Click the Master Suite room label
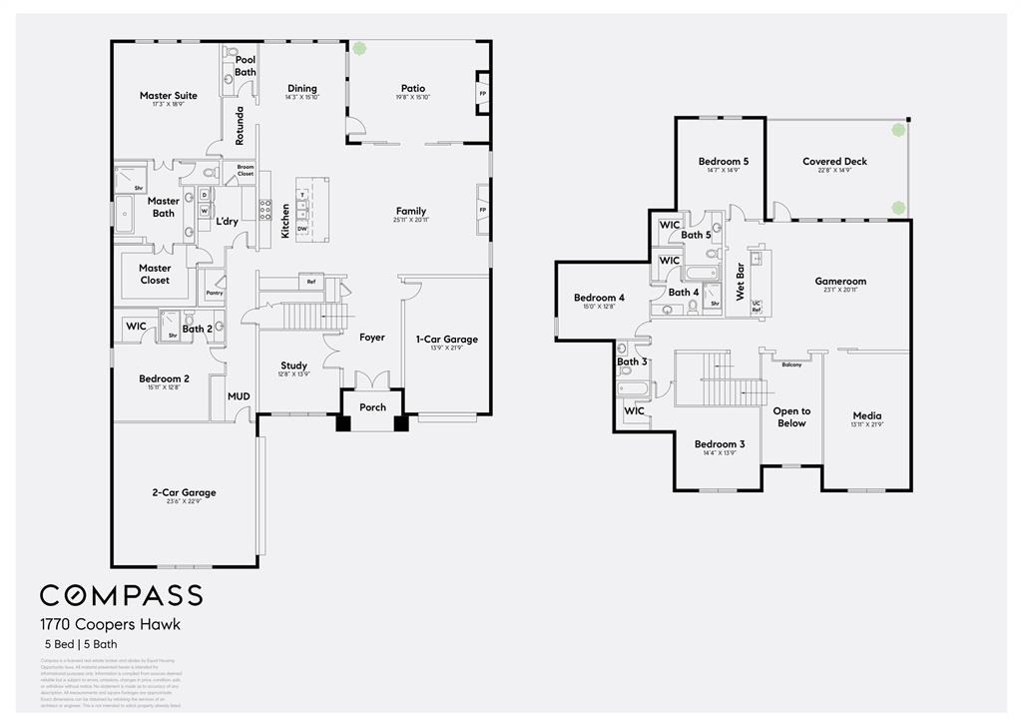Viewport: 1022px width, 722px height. [168, 96]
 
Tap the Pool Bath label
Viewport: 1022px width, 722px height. [246, 66]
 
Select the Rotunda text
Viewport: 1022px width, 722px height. [240, 126]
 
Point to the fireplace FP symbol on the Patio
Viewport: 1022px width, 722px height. [483, 94]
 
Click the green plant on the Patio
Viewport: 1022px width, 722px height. [358, 48]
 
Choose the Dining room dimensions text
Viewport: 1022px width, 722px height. [301, 98]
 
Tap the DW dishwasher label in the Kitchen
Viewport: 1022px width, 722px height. [301, 229]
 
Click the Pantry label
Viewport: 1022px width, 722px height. [214, 293]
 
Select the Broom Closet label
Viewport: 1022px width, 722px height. [246, 171]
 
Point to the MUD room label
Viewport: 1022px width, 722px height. [239, 396]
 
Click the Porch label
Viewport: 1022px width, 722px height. [372, 406]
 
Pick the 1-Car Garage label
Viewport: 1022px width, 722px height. [446, 340]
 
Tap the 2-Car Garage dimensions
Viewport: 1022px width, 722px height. [184, 502]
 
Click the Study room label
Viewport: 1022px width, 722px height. [293, 365]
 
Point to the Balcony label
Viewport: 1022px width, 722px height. [791, 364]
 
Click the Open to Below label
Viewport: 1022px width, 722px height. [791, 416]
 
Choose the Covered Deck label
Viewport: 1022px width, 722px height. [834, 161]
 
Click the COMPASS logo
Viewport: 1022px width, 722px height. [121, 595]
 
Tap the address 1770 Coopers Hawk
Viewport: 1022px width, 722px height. [110, 624]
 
